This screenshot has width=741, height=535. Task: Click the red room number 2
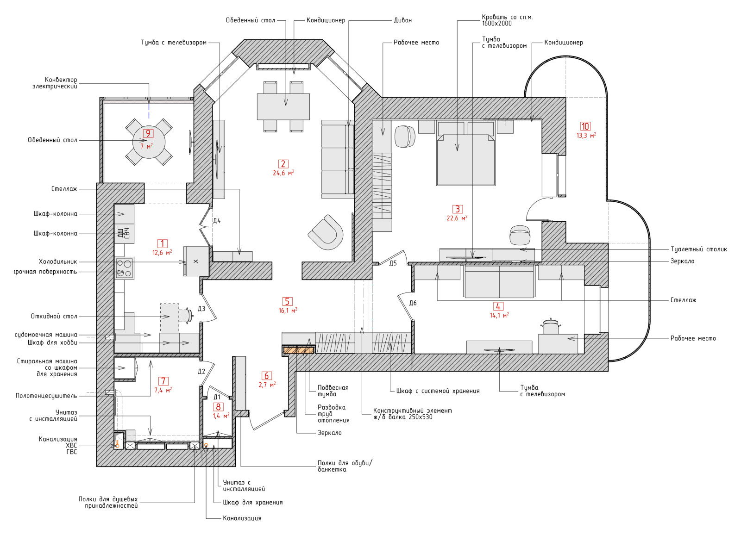(x=283, y=164)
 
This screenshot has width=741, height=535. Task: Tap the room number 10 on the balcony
(x=585, y=126)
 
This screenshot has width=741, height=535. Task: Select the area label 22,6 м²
(x=457, y=218)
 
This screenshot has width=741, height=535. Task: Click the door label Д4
(x=217, y=221)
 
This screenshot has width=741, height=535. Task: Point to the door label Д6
(x=413, y=303)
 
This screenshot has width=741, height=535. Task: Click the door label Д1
(x=217, y=397)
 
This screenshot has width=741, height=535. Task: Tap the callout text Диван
(x=402, y=20)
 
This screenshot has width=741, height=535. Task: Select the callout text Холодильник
(x=58, y=261)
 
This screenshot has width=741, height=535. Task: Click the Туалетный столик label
(x=699, y=249)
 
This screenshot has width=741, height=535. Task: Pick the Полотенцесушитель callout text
(x=46, y=396)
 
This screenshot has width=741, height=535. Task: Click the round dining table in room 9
(x=149, y=142)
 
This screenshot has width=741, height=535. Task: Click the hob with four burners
(x=125, y=268)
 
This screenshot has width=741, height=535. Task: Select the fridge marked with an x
(x=196, y=261)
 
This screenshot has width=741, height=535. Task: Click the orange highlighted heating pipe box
(x=298, y=350)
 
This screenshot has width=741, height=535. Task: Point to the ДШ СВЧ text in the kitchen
(x=124, y=233)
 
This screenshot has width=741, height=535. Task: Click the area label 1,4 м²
(x=220, y=416)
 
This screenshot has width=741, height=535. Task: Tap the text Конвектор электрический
(x=55, y=83)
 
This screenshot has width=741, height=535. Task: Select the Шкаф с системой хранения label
(x=438, y=391)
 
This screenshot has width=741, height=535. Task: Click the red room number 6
(x=267, y=376)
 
